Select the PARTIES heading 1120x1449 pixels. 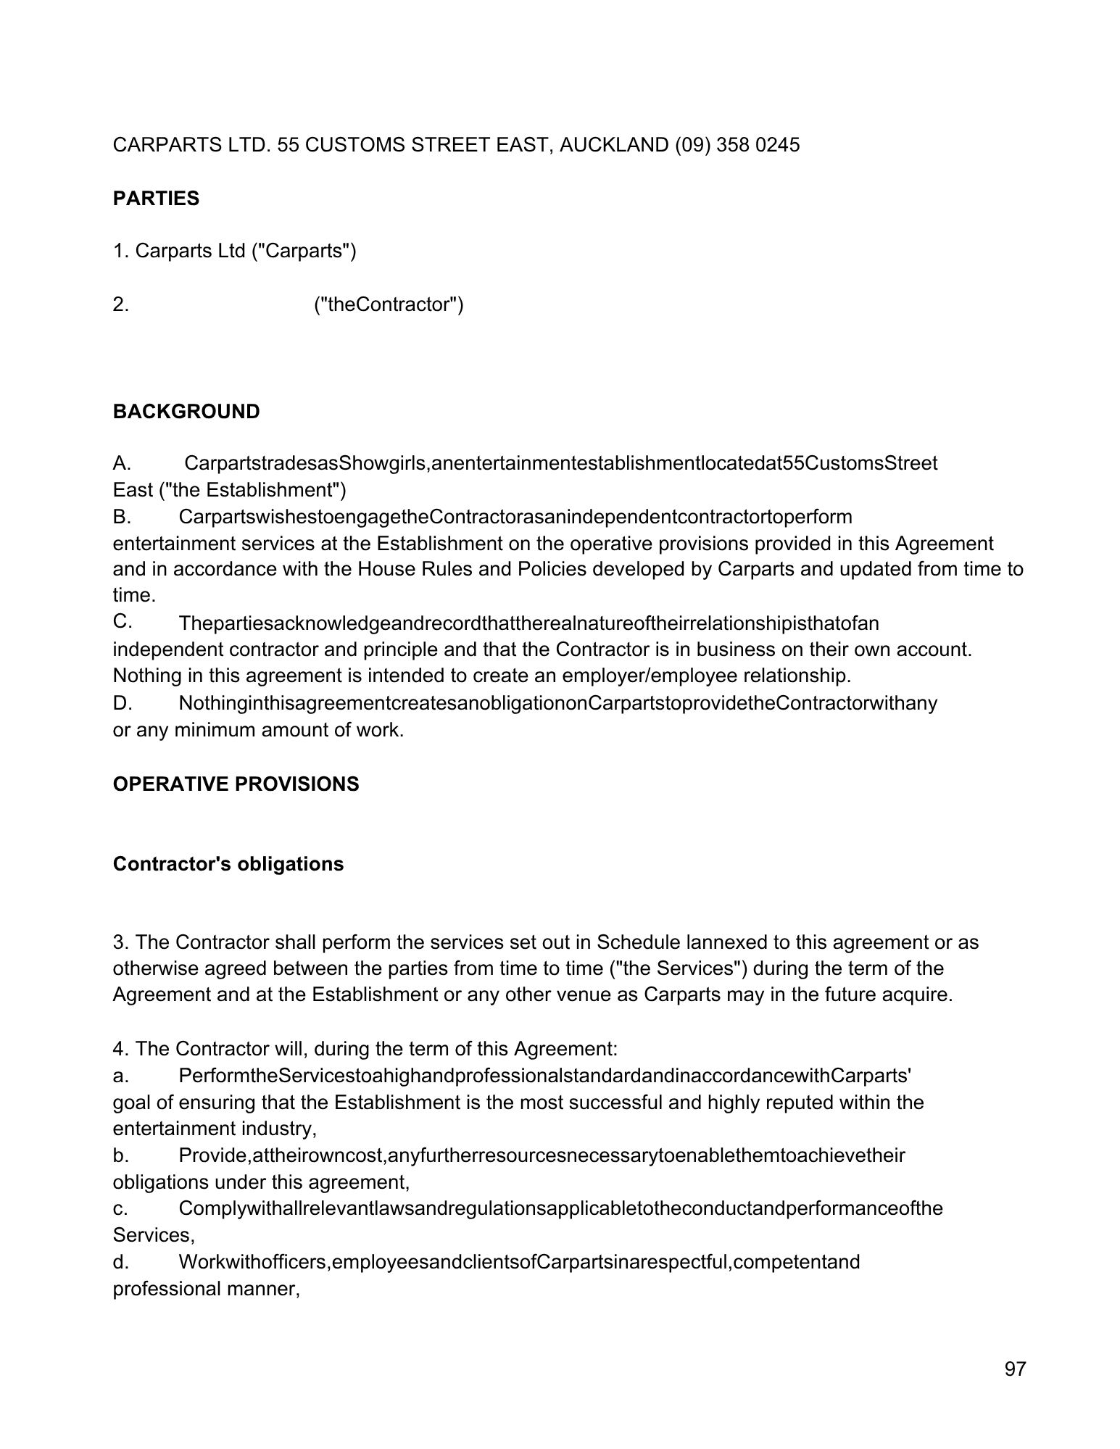(x=156, y=199)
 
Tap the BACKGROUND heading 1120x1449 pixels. (x=186, y=412)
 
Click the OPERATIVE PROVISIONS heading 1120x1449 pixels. (x=236, y=784)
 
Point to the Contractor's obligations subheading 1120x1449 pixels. (x=228, y=864)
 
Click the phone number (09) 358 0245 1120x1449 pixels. (x=737, y=145)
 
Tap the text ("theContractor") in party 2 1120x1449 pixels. (x=389, y=304)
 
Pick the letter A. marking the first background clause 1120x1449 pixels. (x=121, y=463)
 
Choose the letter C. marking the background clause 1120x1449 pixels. (x=122, y=622)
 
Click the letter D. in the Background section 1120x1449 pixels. (x=122, y=703)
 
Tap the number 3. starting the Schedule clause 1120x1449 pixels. (x=120, y=942)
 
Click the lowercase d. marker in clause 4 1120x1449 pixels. (x=120, y=1262)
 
